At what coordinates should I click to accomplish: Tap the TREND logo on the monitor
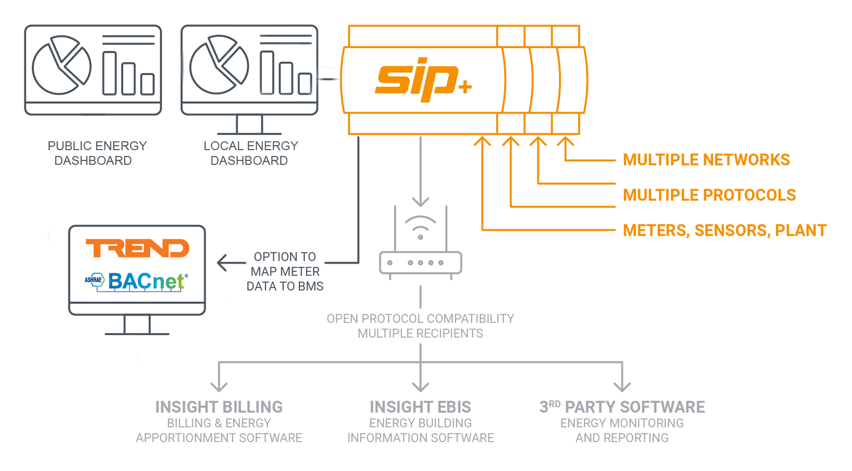(x=137, y=248)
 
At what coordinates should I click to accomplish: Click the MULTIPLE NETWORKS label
(x=706, y=160)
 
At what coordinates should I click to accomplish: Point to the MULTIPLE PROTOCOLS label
(x=709, y=195)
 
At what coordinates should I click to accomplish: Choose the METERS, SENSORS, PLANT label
(x=724, y=231)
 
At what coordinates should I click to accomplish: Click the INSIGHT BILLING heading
(x=219, y=407)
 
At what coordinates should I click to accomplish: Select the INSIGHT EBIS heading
(x=420, y=407)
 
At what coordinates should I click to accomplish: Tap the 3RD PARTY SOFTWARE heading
(x=622, y=407)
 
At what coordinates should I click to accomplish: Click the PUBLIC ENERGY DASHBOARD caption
(x=96, y=153)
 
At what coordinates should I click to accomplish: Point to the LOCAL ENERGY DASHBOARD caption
(x=250, y=153)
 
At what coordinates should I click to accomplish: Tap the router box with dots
(x=420, y=263)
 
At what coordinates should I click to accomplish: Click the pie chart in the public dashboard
(x=61, y=65)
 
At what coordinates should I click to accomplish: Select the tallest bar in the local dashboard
(x=267, y=73)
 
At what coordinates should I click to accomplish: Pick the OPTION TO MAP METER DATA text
(x=285, y=271)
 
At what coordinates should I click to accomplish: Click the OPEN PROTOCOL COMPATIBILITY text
(x=420, y=319)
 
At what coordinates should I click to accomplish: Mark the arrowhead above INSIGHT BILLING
(x=219, y=386)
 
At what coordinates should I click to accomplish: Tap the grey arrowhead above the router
(x=420, y=201)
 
